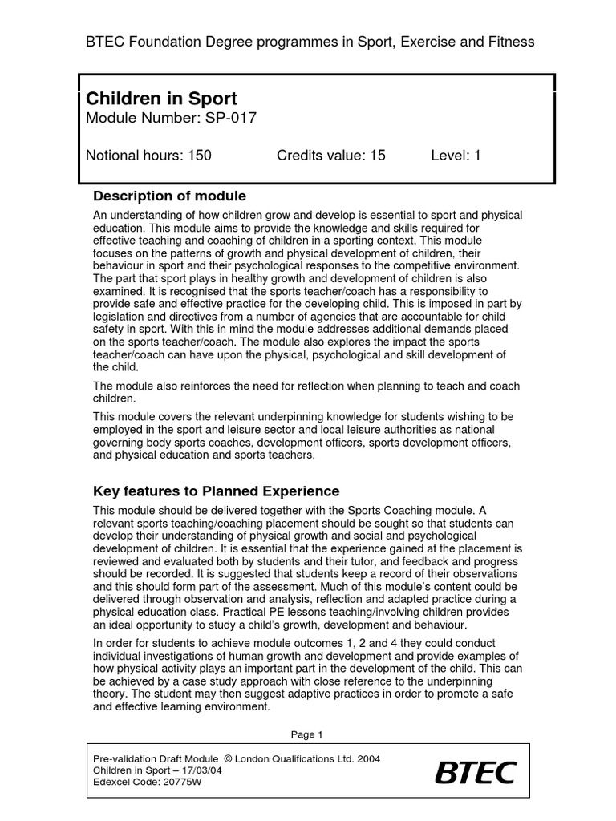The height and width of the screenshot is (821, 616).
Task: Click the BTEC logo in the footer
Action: click(x=476, y=773)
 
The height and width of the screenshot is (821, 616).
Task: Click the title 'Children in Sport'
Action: click(x=161, y=99)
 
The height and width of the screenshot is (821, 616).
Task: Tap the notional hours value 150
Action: click(x=200, y=156)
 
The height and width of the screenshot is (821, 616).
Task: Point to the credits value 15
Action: click(x=377, y=156)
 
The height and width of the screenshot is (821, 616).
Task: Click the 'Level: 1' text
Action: click(x=456, y=156)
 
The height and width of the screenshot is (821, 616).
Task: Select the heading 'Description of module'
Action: click(x=170, y=196)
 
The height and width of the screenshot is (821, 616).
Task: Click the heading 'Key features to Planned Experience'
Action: click(x=217, y=491)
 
